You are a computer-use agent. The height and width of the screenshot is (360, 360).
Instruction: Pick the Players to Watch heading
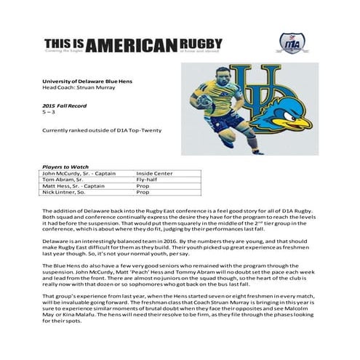coord(68,167)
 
